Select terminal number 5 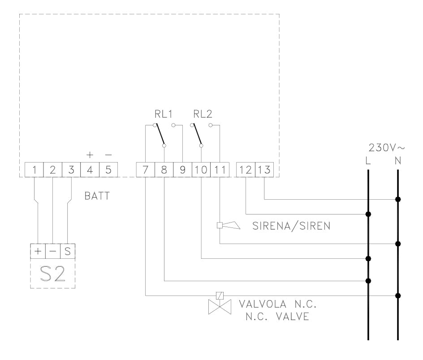tap(108, 170)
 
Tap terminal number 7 tap(145, 170)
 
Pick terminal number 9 tap(182, 170)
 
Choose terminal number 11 tap(220, 170)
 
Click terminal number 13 tap(264, 170)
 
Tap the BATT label tap(97, 196)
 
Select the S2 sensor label tap(52, 273)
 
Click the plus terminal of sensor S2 tap(38, 252)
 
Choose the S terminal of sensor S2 tap(67, 252)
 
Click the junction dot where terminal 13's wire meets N tap(398, 199)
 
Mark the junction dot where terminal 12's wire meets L tap(368, 214)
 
